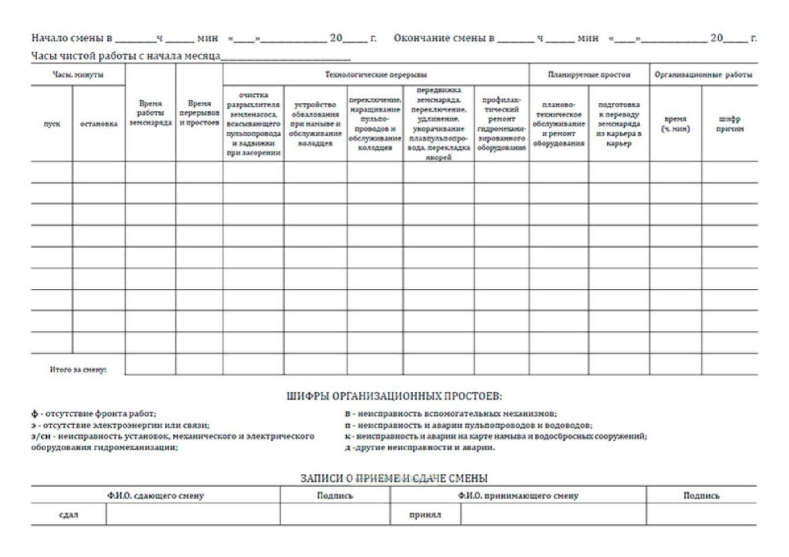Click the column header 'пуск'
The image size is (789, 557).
point(52,124)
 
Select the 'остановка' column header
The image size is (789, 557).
point(99,124)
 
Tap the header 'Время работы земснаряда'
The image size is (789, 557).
point(150,113)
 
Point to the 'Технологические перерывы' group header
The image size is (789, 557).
point(376,74)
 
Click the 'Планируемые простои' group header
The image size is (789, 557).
point(589,74)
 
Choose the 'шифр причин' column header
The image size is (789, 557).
point(729,124)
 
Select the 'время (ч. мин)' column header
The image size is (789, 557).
point(675,124)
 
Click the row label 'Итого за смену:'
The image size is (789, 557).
point(78,369)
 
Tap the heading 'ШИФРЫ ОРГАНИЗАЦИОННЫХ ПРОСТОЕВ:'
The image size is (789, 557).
point(394,396)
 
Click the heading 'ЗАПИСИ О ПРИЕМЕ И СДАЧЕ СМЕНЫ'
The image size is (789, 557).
point(394,478)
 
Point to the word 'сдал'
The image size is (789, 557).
point(69,515)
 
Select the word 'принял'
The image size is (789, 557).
point(425,515)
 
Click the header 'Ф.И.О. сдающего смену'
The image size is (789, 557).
point(155,495)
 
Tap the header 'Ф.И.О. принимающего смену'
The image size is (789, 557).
point(518,495)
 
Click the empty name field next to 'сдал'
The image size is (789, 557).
point(193,515)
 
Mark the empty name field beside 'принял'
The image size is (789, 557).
point(553,515)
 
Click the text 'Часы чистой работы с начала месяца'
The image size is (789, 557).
point(125,56)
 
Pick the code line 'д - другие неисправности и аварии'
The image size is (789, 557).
point(420,447)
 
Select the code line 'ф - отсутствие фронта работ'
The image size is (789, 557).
point(94,413)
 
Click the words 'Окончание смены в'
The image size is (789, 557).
point(443,38)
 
